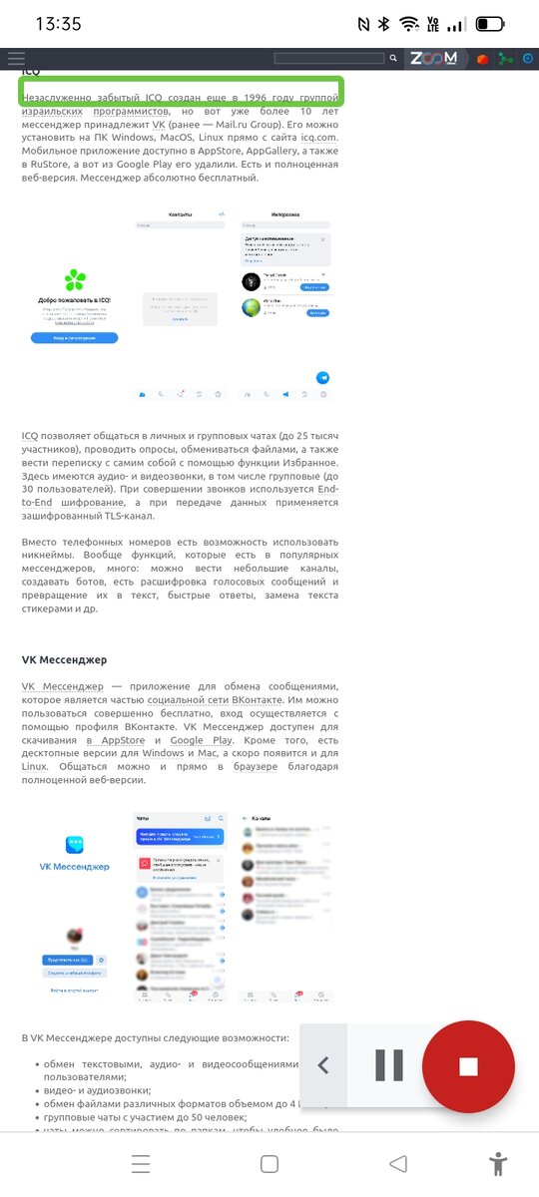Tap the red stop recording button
point(468,1066)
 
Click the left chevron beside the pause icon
point(323,1066)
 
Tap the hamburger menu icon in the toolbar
point(16,59)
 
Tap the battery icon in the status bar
point(489,23)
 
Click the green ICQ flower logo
point(75,280)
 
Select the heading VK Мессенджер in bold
point(64,659)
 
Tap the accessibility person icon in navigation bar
point(497,1163)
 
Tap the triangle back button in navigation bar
point(398,1163)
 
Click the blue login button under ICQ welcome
point(74,338)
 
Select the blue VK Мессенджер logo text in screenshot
point(75,867)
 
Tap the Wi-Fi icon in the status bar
point(408,23)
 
